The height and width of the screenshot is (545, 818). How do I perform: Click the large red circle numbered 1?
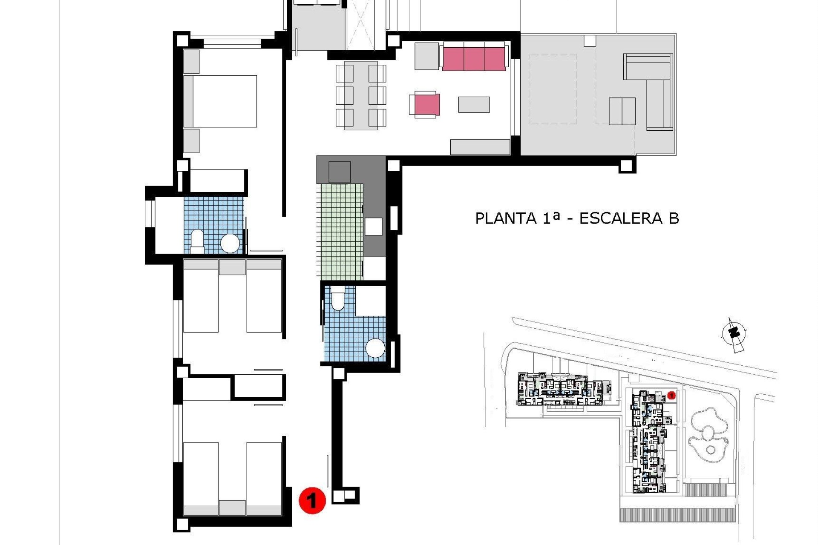click(312, 500)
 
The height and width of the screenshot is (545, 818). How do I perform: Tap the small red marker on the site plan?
click(671, 396)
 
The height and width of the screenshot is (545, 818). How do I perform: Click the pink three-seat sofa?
click(474, 59)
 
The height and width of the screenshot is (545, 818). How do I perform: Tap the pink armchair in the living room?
click(426, 105)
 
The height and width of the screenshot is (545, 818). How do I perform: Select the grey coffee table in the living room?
click(474, 105)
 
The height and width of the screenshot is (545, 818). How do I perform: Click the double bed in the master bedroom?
click(220, 101)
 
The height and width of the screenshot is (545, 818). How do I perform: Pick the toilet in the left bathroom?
click(197, 239)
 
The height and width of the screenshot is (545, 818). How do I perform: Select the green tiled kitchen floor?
click(340, 232)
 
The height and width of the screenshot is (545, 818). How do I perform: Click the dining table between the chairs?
click(361, 95)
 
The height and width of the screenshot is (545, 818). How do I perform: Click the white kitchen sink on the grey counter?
click(374, 226)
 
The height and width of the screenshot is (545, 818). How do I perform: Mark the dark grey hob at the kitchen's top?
click(340, 172)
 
